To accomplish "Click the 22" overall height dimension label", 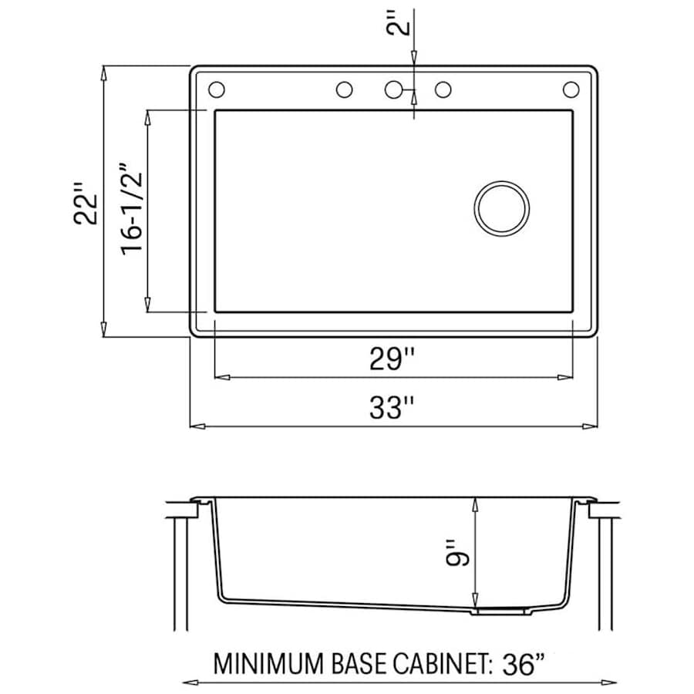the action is (x=85, y=203).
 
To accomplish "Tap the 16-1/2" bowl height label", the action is (x=132, y=209).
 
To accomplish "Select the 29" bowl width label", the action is (x=392, y=359).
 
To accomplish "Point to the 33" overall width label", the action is (x=392, y=407).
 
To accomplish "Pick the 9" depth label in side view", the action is (x=457, y=553).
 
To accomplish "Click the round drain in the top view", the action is (x=501, y=208).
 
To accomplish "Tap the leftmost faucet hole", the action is (x=217, y=89).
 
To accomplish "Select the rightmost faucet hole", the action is (x=571, y=89).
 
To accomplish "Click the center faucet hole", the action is (x=393, y=89).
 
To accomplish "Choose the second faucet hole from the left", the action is (x=345, y=89).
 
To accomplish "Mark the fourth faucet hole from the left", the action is (x=443, y=89).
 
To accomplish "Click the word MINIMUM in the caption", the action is (x=268, y=663).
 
